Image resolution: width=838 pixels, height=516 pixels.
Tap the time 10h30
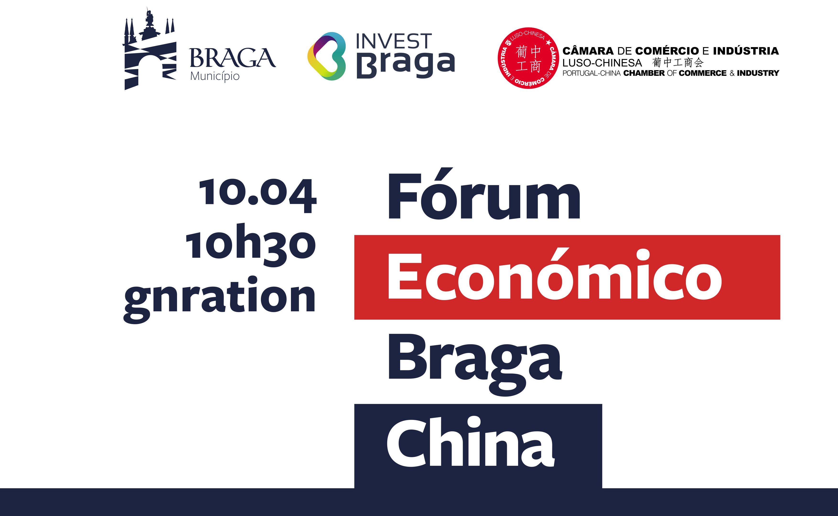point(251,245)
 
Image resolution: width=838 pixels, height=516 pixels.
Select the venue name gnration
point(220,300)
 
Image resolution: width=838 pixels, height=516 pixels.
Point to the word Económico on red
point(555,274)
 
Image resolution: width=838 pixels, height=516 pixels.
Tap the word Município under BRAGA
point(215,76)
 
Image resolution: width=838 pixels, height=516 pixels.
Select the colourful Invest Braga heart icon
point(326,56)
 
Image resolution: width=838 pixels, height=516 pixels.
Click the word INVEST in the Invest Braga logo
point(394,41)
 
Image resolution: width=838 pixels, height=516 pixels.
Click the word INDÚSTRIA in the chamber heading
point(746,51)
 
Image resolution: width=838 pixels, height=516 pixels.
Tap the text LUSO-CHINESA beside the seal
point(602,63)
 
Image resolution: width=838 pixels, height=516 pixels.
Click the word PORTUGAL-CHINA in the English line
point(591,73)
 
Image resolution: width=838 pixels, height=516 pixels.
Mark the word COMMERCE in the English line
point(703,73)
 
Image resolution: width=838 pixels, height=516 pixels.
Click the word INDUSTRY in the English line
point(758,73)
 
